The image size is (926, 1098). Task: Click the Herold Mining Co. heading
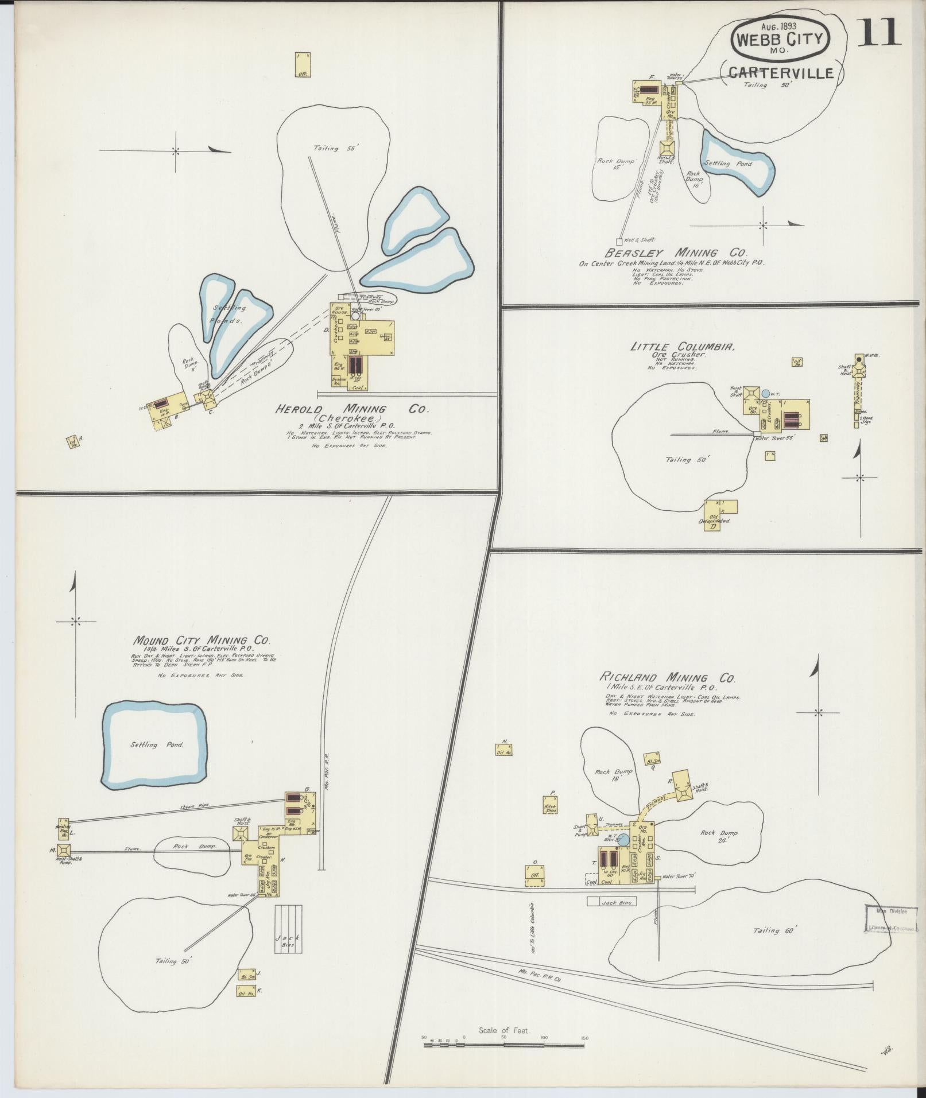[x=352, y=409]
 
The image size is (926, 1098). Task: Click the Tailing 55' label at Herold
[x=335, y=148]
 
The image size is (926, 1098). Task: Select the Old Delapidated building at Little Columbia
[x=712, y=515]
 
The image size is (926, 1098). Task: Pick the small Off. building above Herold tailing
[x=303, y=64]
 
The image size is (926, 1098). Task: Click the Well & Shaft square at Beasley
[x=619, y=242]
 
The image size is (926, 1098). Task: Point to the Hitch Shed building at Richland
[x=551, y=808]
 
